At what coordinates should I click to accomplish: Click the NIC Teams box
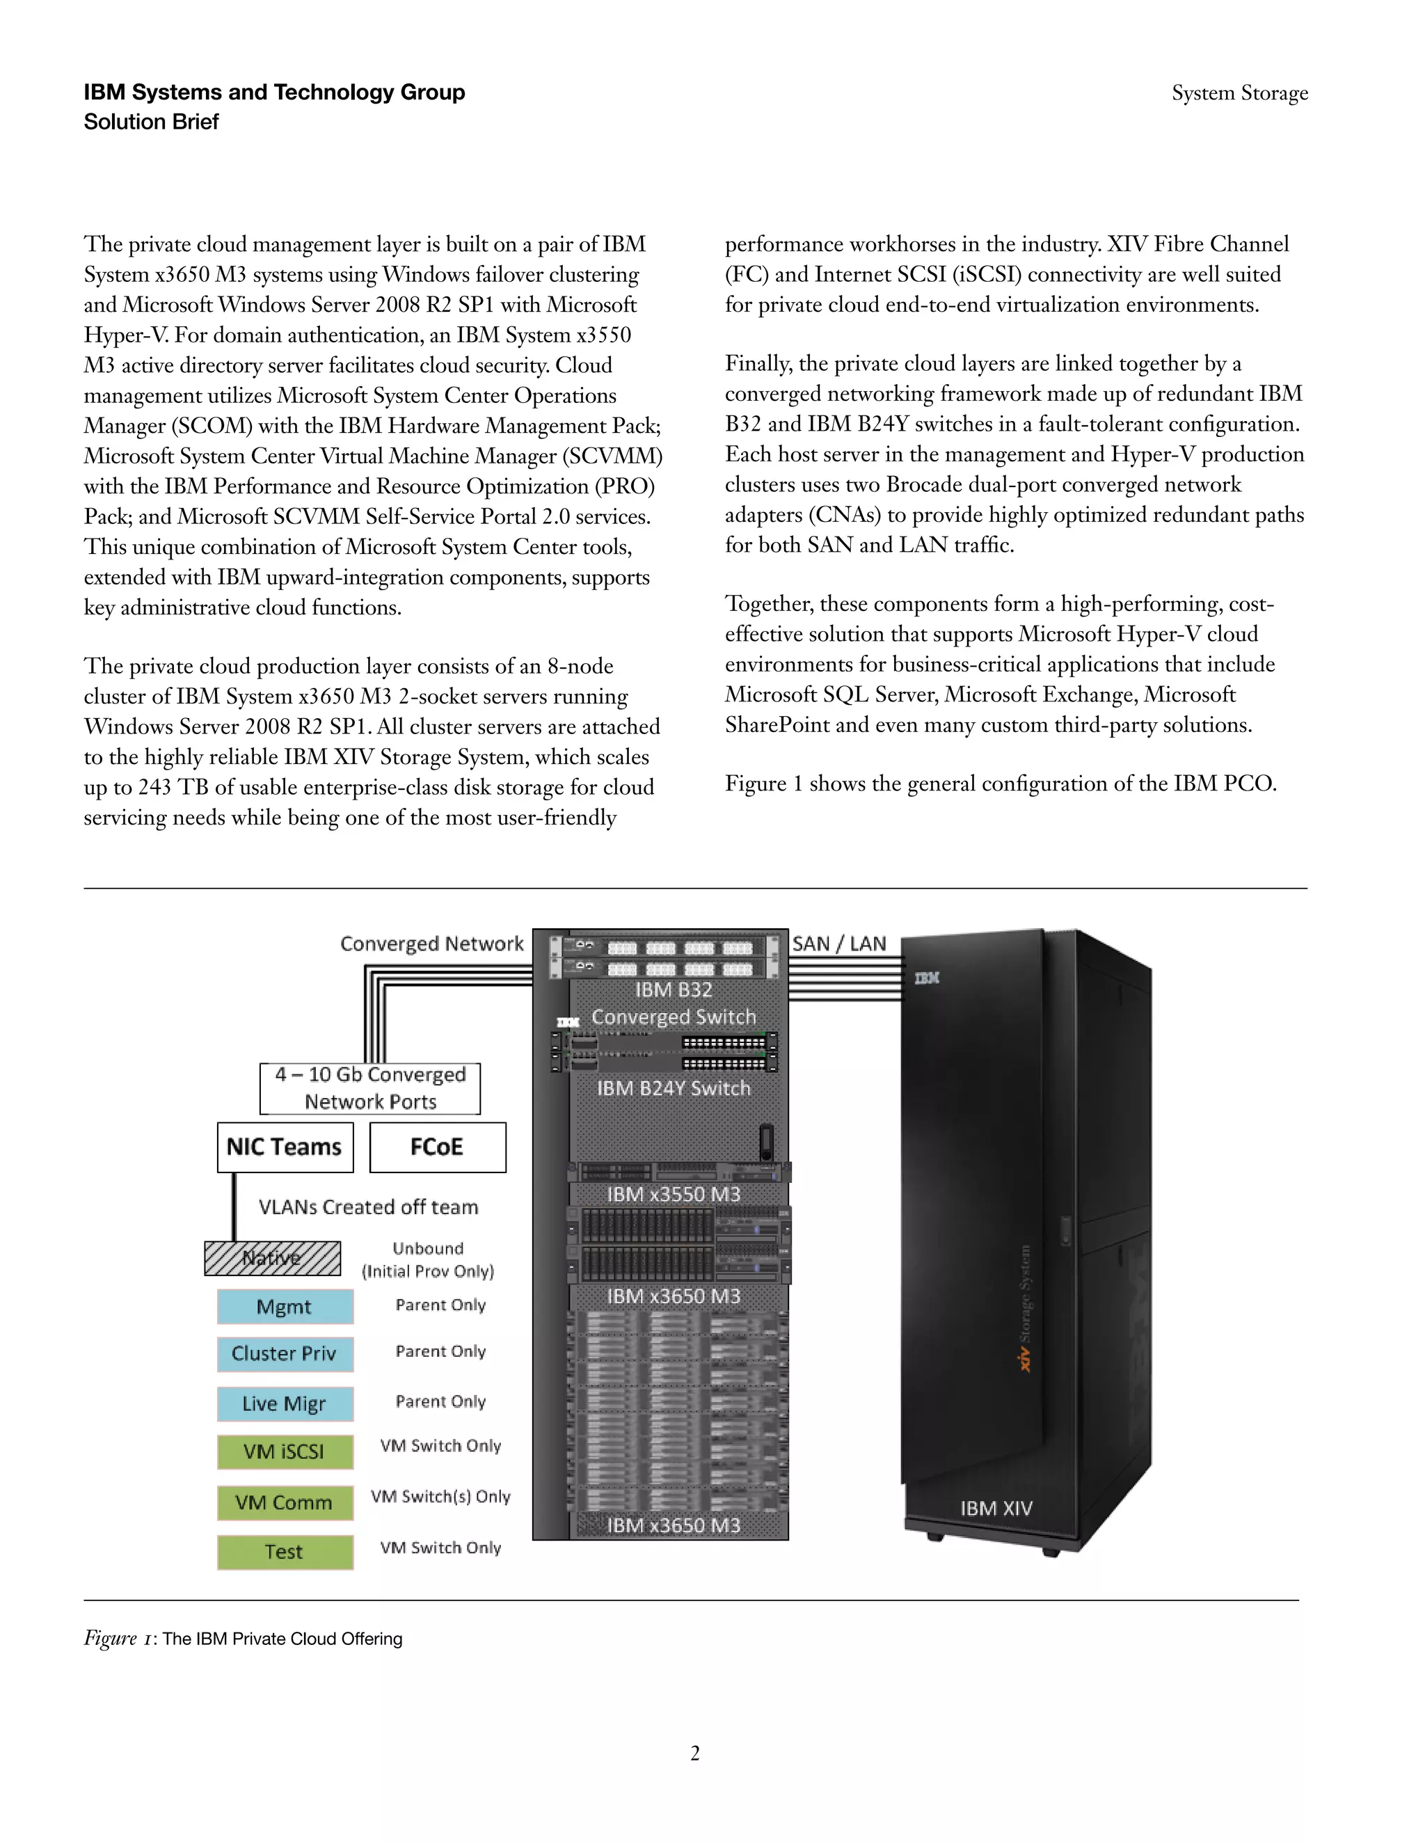coord(285,1147)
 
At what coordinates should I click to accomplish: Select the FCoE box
coord(437,1147)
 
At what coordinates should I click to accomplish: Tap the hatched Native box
coord(272,1258)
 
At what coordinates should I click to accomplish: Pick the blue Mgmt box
coord(285,1306)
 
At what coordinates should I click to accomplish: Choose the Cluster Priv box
coord(285,1353)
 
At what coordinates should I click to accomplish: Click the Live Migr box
coord(285,1404)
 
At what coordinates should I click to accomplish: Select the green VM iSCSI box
coord(285,1452)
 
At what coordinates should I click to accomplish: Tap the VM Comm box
coord(285,1502)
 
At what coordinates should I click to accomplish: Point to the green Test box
coord(285,1552)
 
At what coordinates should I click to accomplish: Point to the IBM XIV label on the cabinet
coord(996,1508)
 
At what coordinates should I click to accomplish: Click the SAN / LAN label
coord(839,944)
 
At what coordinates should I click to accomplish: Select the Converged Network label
coord(431,944)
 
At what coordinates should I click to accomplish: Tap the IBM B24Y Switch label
coord(674,1088)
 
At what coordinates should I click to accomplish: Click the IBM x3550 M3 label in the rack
coord(674,1194)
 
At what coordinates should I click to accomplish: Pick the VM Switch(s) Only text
coord(440,1496)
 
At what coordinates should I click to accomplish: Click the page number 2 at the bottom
coord(695,1754)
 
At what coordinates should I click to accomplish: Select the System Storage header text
coord(1239,93)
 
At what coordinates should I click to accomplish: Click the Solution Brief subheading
coord(151,122)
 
